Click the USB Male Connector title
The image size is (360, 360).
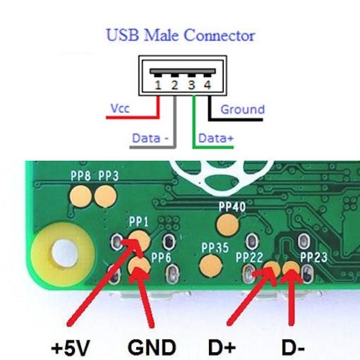tap(181, 35)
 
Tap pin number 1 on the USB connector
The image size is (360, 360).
tap(158, 85)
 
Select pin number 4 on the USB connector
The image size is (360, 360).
tap(207, 85)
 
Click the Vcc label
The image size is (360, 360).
tap(120, 109)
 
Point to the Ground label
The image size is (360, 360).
tap(243, 109)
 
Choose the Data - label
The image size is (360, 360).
tap(150, 138)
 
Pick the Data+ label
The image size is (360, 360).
tap(216, 138)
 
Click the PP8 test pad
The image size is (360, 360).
tap(80, 196)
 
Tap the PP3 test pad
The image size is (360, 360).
tap(106, 196)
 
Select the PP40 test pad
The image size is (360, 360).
tap(228, 224)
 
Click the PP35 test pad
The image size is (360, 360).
tap(210, 265)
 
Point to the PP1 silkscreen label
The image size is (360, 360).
tap(139, 222)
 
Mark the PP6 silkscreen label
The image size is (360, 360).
tap(161, 258)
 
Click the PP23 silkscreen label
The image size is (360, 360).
tap(313, 257)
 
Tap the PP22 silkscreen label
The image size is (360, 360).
tap(249, 257)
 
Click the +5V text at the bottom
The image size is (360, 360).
tap(71, 348)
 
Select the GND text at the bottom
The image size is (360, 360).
tap(152, 347)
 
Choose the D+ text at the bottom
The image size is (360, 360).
tap(222, 347)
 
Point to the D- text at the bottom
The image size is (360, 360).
tap(293, 347)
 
